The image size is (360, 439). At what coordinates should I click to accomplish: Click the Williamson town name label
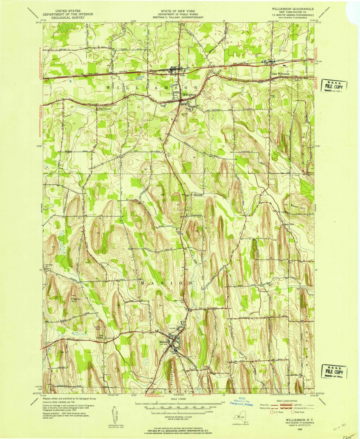pyautogui.click(x=189, y=94)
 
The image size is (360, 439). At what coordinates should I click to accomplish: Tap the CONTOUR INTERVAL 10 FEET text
pyautogui.click(x=178, y=417)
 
